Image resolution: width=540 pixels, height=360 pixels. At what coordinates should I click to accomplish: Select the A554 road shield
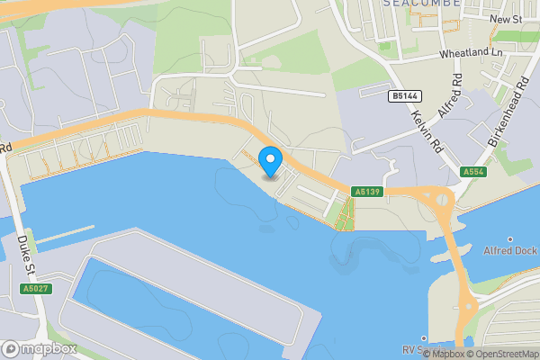tap(473, 172)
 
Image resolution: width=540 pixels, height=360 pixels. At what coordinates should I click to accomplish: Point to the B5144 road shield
tap(403, 94)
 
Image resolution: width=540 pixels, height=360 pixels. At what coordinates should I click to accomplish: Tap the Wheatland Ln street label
tap(471, 54)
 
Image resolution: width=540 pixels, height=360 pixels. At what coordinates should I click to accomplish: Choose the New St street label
tap(506, 19)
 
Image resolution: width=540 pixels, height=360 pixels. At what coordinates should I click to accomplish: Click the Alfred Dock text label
tap(510, 250)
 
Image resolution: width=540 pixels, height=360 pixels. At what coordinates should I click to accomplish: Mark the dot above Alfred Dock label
tap(510, 238)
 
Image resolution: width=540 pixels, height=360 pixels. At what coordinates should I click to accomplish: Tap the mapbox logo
tap(40, 348)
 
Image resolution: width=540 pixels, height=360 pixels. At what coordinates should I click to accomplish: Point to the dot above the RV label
tap(422, 338)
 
